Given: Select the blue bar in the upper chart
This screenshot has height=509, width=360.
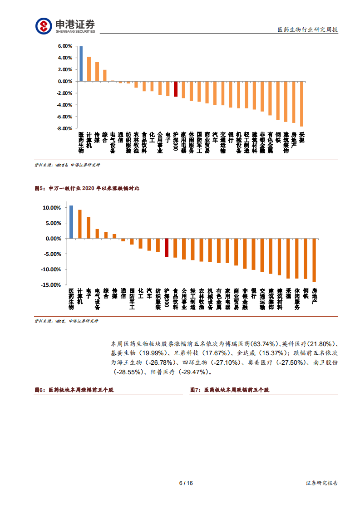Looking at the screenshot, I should [x=81, y=64].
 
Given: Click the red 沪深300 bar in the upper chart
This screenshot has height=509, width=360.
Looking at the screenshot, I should [x=176, y=89].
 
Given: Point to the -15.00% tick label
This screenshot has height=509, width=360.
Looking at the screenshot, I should [x=51, y=285].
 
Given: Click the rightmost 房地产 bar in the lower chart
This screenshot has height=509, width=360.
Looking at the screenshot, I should [x=314, y=260].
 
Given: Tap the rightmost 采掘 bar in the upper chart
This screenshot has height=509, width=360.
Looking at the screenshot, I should [x=301, y=104].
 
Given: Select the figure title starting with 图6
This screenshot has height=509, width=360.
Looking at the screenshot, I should [x=74, y=390].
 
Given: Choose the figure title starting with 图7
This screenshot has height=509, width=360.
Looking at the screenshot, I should [x=229, y=390].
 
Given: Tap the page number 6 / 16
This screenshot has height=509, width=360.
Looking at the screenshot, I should [x=186, y=483].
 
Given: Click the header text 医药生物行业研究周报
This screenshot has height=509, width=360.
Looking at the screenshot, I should [x=308, y=30].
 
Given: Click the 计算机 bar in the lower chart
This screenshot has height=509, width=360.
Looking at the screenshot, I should [x=80, y=224].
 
